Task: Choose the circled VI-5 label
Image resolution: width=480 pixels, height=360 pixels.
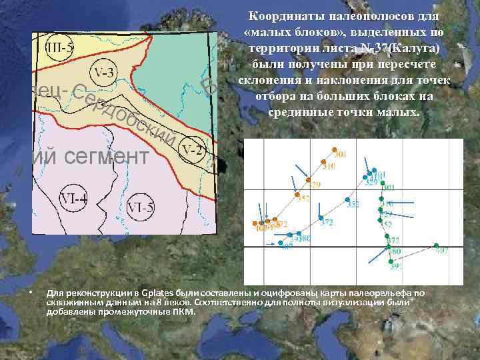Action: [x=141, y=207]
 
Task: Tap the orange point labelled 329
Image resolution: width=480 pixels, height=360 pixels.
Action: [x=308, y=180]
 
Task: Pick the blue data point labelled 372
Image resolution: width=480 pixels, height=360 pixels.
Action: [x=321, y=219]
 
